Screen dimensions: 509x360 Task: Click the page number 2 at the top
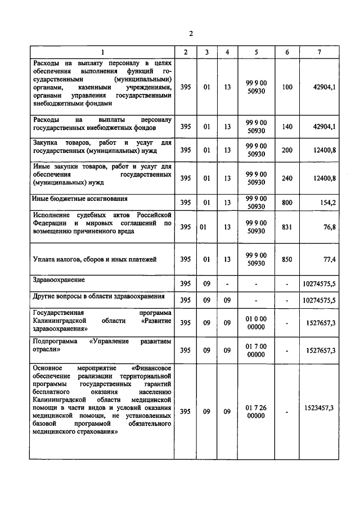pos(191,34)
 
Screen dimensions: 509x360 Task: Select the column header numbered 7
pos(319,52)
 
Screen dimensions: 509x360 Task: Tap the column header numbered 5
pos(256,52)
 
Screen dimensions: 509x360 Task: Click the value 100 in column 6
pos(287,87)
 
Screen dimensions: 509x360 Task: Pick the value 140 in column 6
pos(287,127)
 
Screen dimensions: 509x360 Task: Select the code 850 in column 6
pos(287,259)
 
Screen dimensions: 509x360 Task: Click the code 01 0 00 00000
pos(256,323)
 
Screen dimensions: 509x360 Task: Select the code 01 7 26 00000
pos(256,411)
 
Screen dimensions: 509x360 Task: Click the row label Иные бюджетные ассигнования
pos(80,199)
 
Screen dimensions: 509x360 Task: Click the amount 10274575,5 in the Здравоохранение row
pos(319,283)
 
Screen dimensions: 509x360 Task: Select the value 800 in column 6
pos(287,202)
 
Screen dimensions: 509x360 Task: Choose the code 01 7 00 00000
pos(256,350)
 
